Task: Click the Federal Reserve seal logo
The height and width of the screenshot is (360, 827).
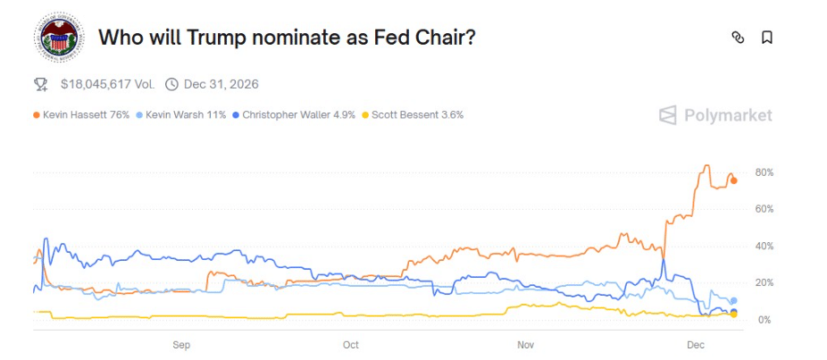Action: click(58, 38)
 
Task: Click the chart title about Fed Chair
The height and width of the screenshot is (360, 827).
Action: click(286, 38)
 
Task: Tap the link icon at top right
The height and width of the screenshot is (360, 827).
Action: click(738, 38)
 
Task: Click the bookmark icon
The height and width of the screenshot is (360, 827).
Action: click(766, 38)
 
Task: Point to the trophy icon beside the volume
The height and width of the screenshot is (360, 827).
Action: click(40, 84)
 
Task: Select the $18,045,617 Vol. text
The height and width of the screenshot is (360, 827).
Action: click(107, 84)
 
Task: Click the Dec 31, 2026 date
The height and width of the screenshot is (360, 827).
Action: click(221, 84)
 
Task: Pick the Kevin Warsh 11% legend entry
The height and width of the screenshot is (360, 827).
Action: click(185, 114)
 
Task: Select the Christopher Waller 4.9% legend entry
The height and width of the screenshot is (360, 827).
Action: click(297, 114)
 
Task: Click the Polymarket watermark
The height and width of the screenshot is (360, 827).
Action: click(715, 114)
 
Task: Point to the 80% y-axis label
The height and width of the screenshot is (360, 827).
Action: click(764, 172)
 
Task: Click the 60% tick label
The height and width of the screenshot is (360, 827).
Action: click(764, 209)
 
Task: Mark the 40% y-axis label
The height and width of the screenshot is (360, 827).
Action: click(764, 246)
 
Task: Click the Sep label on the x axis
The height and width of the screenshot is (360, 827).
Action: click(181, 344)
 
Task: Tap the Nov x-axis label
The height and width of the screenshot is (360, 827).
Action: click(525, 344)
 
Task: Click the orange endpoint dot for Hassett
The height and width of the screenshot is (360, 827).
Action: click(734, 180)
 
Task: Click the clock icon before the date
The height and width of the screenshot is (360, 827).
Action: click(171, 84)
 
